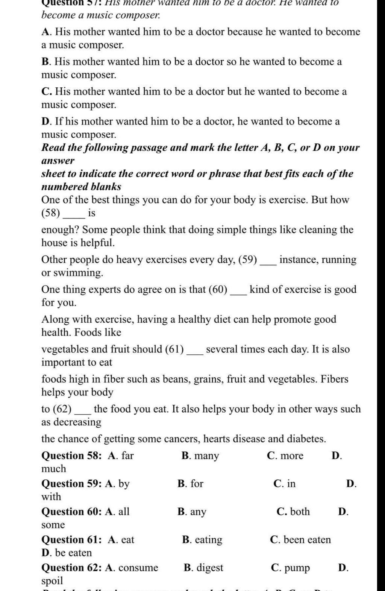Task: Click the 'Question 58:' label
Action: pyautogui.click(x=71, y=456)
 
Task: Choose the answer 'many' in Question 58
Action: pyautogui.click(x=206, y=456)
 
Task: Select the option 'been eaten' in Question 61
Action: pyautogui.click(x=307, y=540)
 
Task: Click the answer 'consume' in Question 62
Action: pyautogui.click(x=138, y=568)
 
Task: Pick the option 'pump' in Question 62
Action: pyautogui.click(x=297, y=568)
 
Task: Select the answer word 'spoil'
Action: pyautogui.click(x=52, y=580)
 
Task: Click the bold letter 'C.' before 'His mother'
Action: pyautogui.click(x=47, y=91)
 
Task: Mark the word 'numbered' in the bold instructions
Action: pyautogui.click(x=60, y=187)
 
